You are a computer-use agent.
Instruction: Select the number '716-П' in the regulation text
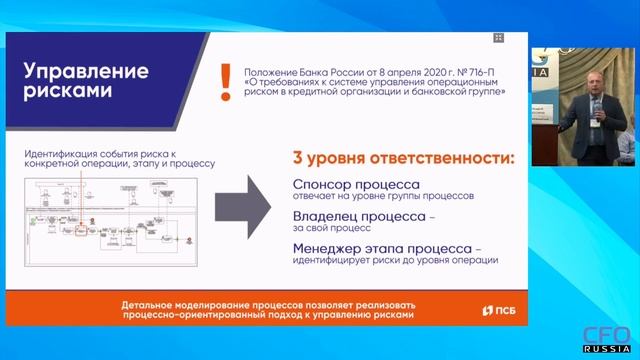[x=483, y=71]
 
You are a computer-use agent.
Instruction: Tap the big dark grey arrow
[x=245, y=209]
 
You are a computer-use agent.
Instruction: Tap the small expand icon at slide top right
[x=499, y=38]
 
